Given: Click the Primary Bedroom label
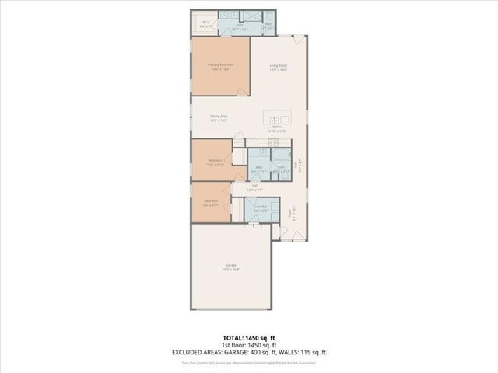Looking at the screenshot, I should tap(220, 65).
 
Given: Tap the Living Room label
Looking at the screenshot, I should tap(279, 65).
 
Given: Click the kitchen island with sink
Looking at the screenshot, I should tap(277, 118).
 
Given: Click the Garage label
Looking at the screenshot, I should tap(231, 266).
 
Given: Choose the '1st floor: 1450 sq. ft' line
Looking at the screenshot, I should tap(248, 345).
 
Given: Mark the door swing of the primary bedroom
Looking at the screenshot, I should tap(242, 92).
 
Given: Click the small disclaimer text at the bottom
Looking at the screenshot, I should tap(248, 362).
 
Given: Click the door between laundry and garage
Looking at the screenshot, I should tap(252, 225).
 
